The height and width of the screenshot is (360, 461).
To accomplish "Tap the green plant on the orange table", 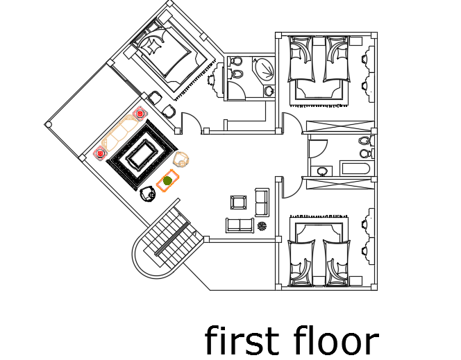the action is coord(167,181).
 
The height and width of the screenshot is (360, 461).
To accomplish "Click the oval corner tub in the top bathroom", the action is coord(265,70).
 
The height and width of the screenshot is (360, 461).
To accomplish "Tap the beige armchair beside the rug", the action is coord(182,160).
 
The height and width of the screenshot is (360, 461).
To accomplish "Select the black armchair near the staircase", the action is coord(147,194).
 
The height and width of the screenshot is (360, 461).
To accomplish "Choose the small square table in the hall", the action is coord(238,203).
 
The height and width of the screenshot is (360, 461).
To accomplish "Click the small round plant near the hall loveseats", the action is coord(262,225).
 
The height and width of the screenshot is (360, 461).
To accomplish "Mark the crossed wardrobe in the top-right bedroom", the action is coord(340,126).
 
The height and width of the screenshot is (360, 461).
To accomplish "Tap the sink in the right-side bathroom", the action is coord(321,171).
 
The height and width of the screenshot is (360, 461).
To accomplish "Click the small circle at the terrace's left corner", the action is coord(48,125).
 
